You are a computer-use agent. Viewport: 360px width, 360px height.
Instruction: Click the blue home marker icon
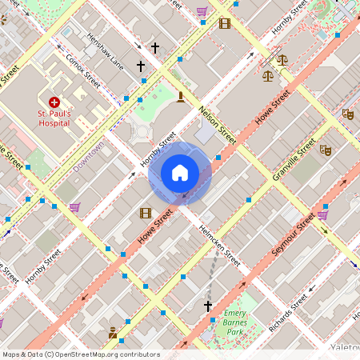[x=179, y=173]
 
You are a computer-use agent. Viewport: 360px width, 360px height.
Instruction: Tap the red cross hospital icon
[x=54, y=102]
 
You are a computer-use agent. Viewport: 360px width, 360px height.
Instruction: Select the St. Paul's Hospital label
[x=54, y=118]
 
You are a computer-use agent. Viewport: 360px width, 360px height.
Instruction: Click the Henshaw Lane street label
[x=105, y=51]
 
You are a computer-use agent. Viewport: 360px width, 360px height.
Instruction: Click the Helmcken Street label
[x=221, y=248]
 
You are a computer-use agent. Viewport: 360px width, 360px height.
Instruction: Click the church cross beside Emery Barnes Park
[x=208, y=306]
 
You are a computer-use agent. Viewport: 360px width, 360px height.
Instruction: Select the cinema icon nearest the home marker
[x=145, y=213]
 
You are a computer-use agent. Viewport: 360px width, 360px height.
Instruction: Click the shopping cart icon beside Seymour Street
[x=322, y=214]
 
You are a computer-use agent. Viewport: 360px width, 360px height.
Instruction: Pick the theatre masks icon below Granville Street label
[x=326, y=150]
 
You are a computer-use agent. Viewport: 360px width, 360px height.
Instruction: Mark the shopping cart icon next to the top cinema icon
[x=202, y=12]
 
